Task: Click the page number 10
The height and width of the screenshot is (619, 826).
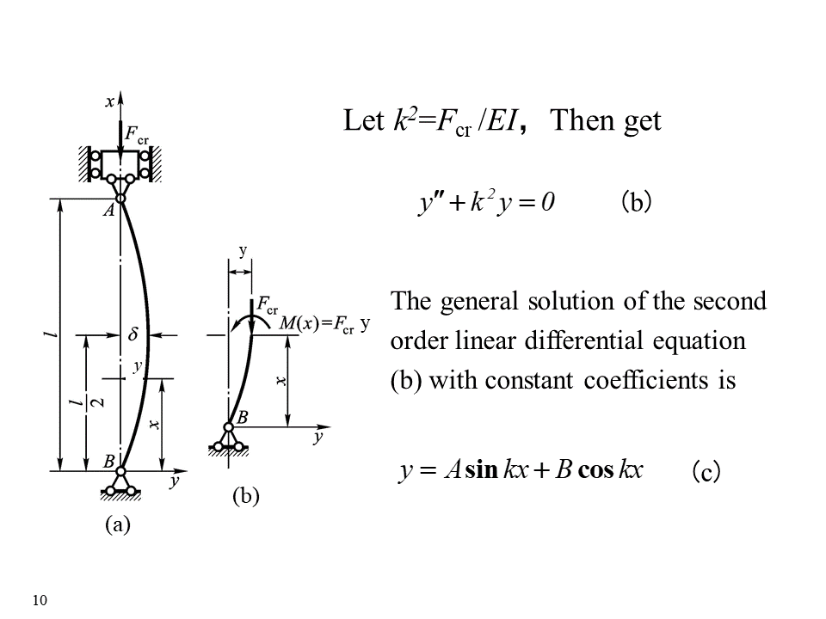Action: (38, 599)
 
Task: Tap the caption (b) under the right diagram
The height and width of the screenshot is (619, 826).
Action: (245, 496)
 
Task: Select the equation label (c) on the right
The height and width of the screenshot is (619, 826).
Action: (706, 472)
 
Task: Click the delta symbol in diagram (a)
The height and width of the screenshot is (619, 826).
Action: (133, 334)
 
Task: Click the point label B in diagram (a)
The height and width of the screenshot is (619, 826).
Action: (109, 462)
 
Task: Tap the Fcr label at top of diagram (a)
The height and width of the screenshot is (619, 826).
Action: (137, 134)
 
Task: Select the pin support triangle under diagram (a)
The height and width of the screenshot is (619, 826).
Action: (121, 484)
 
